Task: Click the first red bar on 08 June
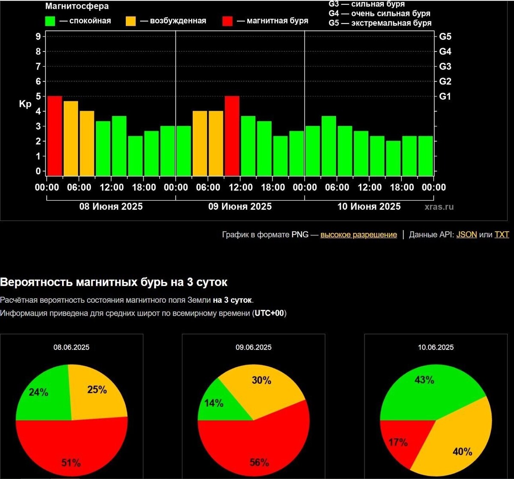pos(55,136)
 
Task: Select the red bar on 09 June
pos(232,136)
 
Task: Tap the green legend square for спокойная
pos(50,21)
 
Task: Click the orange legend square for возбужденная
pos(131,21)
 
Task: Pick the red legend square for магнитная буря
pos(227,21)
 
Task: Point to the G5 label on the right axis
pos(445,36)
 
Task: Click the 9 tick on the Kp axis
pos(38,36)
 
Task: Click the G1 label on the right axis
pos(445,96)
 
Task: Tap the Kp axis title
pos(25,104)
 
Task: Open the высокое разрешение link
pos(359,235)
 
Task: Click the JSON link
pos(466,235)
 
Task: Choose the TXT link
pos(502,235)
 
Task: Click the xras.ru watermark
pos(439,207)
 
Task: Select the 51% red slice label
pos(71,462)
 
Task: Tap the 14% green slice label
pos(214,403)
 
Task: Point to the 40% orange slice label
pos(463,452)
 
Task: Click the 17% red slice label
pos(398,442)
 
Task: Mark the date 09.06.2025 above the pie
pos(254,347)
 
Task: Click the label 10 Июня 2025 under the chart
pos(369,207)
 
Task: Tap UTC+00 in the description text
pos(269,313)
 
